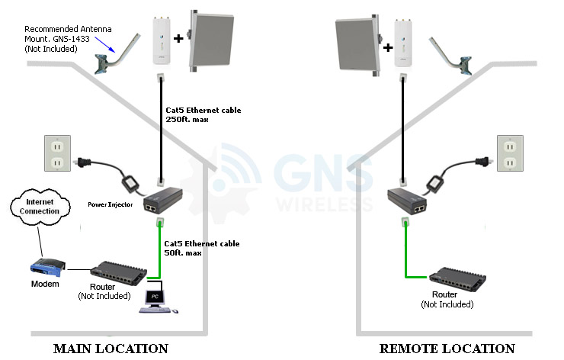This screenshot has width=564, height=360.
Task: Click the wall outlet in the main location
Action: point(55,153)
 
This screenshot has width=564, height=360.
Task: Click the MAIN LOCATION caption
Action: point(111,349)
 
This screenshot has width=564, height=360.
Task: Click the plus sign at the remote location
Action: point(388,47)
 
